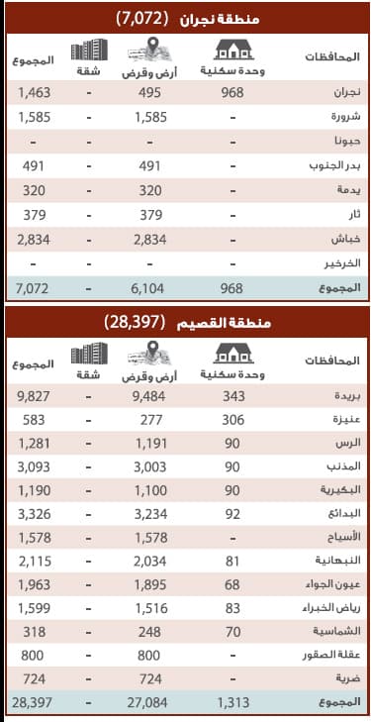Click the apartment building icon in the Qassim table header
click(91, 352)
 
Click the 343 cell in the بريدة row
click(233, 395)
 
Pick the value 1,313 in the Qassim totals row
click(233, 701)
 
